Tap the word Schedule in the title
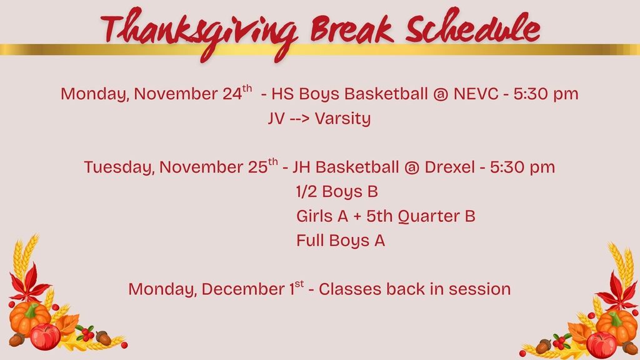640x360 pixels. [x=473, y=26]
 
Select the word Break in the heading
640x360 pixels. [x=352, y=29]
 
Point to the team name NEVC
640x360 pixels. [x=476, y=94]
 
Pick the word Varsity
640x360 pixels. [x=343, y=119]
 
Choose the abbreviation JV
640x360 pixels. [x=276, y=118]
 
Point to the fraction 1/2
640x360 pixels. [x=306, y=191]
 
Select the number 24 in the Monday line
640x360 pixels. [x=232, y=94]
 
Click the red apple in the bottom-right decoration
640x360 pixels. [x=601, y=345]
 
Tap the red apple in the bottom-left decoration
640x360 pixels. [x=45, y=336]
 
